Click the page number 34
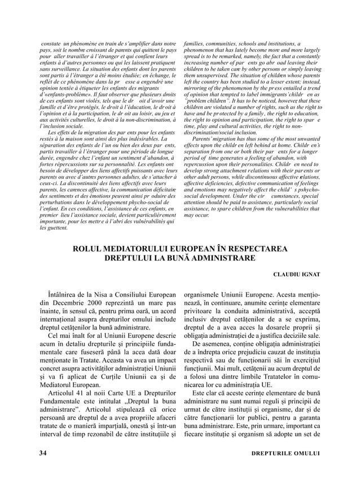pos(42,453)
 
